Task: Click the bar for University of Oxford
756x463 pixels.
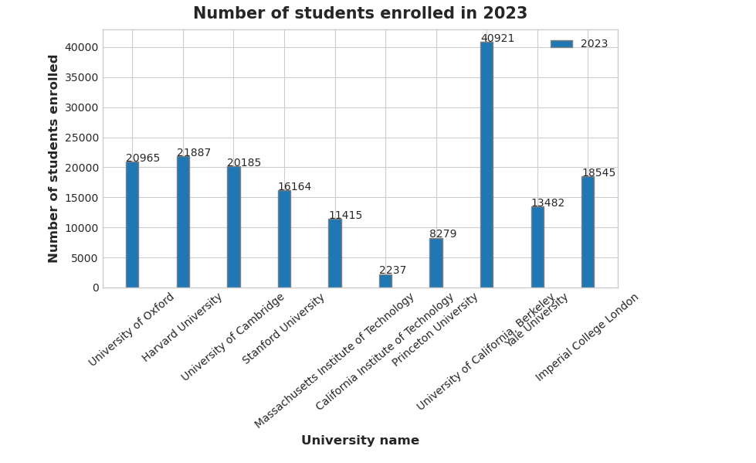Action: coord(132,224)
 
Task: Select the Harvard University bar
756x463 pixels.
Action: coord(183,222)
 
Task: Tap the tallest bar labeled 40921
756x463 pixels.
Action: coord(486,165)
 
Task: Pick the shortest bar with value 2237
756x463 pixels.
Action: coord(385,281)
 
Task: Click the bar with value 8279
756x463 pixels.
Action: coord(436,263)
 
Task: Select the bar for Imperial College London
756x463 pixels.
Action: coord(588,232)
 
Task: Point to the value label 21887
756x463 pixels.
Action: coord(194,153)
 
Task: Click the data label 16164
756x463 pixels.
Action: coord(295,187)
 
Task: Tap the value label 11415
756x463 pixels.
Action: coord(345,216)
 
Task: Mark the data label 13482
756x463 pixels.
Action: coord(548,203)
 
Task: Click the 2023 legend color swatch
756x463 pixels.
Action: coord(561,44)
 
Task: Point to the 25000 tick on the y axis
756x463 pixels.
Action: coord(82,138)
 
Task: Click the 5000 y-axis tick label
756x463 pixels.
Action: coord(85,258)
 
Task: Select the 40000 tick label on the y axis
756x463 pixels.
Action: coord(82,47)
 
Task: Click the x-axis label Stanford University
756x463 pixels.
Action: coord(284,329)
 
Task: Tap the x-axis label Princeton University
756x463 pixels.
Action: coord(436,329)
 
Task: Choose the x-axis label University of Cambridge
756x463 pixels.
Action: coord(233,337)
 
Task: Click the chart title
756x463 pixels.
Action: coord(360,14)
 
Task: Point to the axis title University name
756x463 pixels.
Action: coord(360,441)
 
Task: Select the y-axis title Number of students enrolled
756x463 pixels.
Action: coord(54,158)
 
